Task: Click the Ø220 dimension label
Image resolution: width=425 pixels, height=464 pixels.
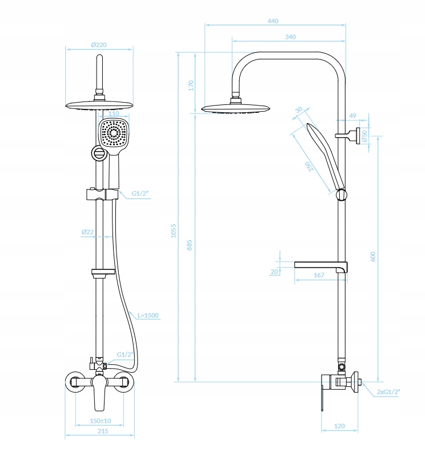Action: [99, 45]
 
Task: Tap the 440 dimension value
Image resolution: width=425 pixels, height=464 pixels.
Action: [273, 22]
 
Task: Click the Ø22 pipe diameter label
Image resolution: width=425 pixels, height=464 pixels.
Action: [87, 232]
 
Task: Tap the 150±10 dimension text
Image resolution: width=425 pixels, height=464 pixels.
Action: [100, 421]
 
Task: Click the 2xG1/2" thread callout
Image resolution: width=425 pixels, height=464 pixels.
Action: [389, 392]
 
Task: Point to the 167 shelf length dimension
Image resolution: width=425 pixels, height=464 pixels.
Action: [319, 275]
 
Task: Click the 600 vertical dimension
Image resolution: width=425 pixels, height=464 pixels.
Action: [373, 256]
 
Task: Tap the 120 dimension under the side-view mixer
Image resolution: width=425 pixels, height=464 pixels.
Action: [339, 425]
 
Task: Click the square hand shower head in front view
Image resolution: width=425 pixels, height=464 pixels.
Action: [114, 136]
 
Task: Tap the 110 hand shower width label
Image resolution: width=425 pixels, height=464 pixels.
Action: [114, 113]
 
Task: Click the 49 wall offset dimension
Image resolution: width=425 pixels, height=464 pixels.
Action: [352, 116]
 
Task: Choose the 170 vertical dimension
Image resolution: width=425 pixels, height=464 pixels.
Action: [191, 85]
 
